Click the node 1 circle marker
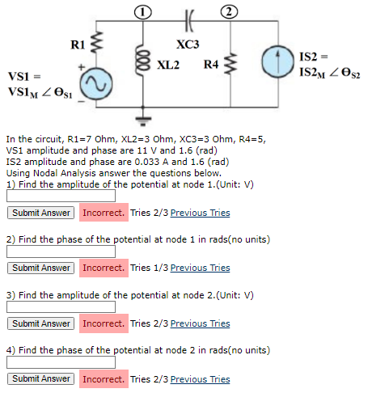pos(142,11)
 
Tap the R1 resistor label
pos(78,44)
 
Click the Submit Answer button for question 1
pos(41,213)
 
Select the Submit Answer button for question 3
pos(41,323)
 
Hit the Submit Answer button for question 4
pos(41,378)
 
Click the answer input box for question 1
pos(61,196)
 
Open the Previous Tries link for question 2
pos(200,268)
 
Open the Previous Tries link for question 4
pos(200,378)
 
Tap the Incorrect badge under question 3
pos(104,323)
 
